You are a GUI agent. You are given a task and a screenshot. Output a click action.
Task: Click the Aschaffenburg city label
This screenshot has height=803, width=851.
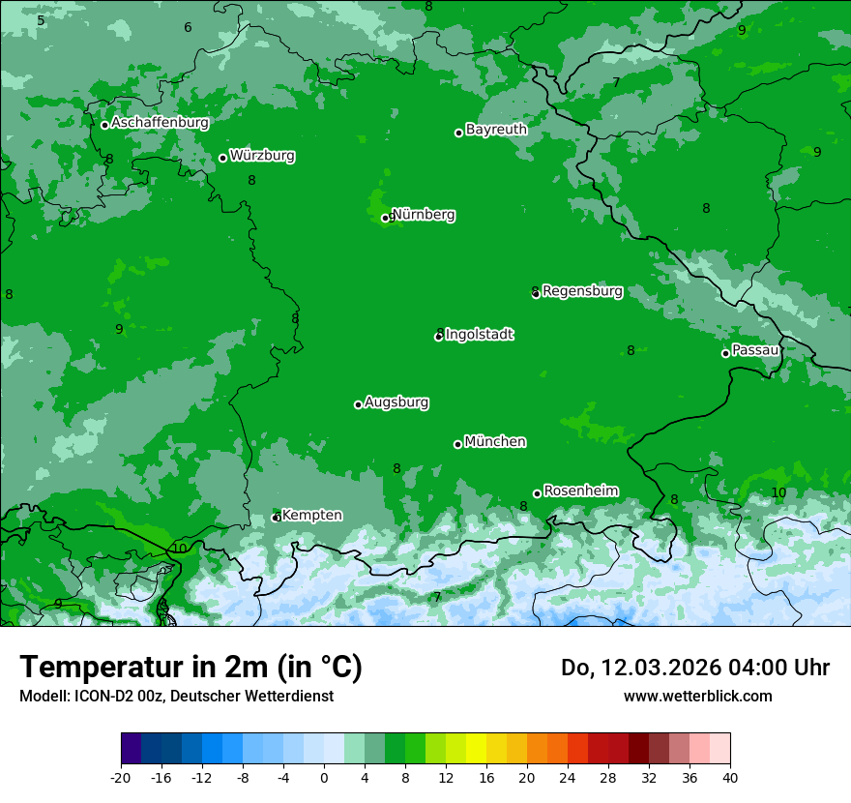tap(160, 123)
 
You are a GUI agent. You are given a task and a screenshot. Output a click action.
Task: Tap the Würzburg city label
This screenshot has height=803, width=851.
tap(262, 156)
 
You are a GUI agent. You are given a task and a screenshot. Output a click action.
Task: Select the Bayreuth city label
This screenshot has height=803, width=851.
tap(496, 129)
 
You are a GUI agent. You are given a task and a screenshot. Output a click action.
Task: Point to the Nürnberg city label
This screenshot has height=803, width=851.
tap(424, 215)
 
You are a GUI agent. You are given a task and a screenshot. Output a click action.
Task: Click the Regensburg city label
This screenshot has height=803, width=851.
tap(582, 291)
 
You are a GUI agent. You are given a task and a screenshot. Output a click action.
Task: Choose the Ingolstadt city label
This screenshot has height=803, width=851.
tap(480, 335)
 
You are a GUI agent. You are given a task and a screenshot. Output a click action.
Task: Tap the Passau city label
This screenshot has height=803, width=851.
tap(755, 350)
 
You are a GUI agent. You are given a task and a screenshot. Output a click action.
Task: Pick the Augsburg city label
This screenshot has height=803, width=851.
tap(396, 402)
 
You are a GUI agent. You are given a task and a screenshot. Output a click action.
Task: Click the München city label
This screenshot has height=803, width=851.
tap(495, 442)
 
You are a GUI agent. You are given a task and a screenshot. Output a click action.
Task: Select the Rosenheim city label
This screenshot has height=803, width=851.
tap(581, 491)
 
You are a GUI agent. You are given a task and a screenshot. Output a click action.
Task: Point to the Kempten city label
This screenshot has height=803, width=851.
tap(311, 516)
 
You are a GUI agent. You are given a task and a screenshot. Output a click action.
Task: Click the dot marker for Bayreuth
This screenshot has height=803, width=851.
tap(458, 133)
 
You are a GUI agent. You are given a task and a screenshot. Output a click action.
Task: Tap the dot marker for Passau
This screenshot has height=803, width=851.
tap(725, 353)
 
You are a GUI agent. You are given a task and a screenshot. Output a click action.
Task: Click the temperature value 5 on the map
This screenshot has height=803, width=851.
tap(41, 20)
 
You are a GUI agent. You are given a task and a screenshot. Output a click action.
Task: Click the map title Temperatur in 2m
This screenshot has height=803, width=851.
tap(191, 667)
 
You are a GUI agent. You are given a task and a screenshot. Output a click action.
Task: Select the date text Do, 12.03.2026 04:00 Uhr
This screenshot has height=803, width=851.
tap(695, 668)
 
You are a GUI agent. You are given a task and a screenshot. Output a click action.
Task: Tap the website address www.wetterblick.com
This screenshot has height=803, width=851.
tap(697, 696)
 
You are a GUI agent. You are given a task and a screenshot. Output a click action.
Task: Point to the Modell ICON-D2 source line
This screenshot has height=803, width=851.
tap(176, 696)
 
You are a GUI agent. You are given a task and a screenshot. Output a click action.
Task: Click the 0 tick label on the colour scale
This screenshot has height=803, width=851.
tap(324, 778)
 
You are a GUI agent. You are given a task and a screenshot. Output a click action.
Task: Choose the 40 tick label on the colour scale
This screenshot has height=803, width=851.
tap(729, 778)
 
